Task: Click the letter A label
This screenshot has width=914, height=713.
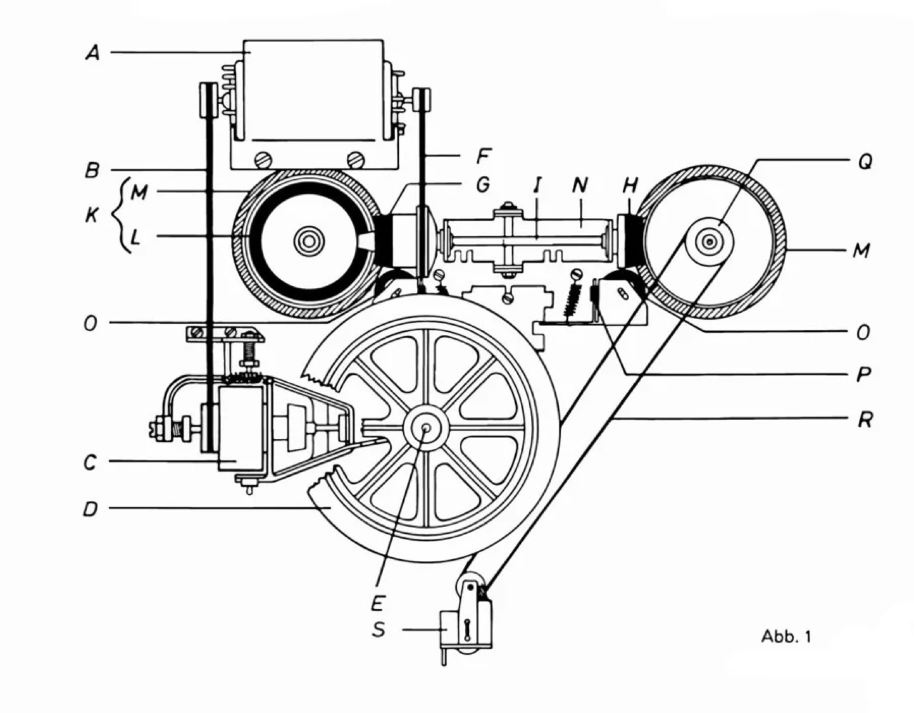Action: click(x=93, y=53)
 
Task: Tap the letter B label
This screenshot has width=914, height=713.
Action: click(x=92, y=170)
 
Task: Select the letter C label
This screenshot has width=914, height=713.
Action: click(x=91, y=462)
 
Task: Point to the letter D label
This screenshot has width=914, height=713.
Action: click(x=91, y=508)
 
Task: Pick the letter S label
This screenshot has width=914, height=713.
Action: click(x=379, y=630)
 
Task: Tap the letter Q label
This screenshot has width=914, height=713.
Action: click(x=865, y=162)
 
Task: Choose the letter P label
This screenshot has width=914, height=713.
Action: click(x=863, y=374)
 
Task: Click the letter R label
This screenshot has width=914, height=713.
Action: click(x=865, y=419)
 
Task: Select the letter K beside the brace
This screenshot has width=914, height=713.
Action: click(x=92, y=215)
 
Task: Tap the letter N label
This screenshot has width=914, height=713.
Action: click(x=579, y=184)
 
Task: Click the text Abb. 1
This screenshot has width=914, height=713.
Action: click(x=786, y=636)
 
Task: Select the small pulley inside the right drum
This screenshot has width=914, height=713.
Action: click(x=710, y=241)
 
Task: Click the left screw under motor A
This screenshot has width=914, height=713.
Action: click(x=260, y=158)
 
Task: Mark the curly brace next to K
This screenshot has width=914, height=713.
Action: click(x=119, y=215)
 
